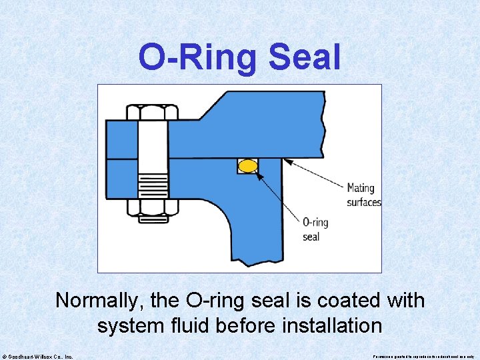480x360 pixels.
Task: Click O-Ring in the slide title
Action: tap(197, 58)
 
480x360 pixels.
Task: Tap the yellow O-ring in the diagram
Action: tap(248, 166)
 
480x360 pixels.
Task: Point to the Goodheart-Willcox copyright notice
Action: tap(38, 357)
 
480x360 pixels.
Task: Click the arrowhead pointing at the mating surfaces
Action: tap(285, 159)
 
